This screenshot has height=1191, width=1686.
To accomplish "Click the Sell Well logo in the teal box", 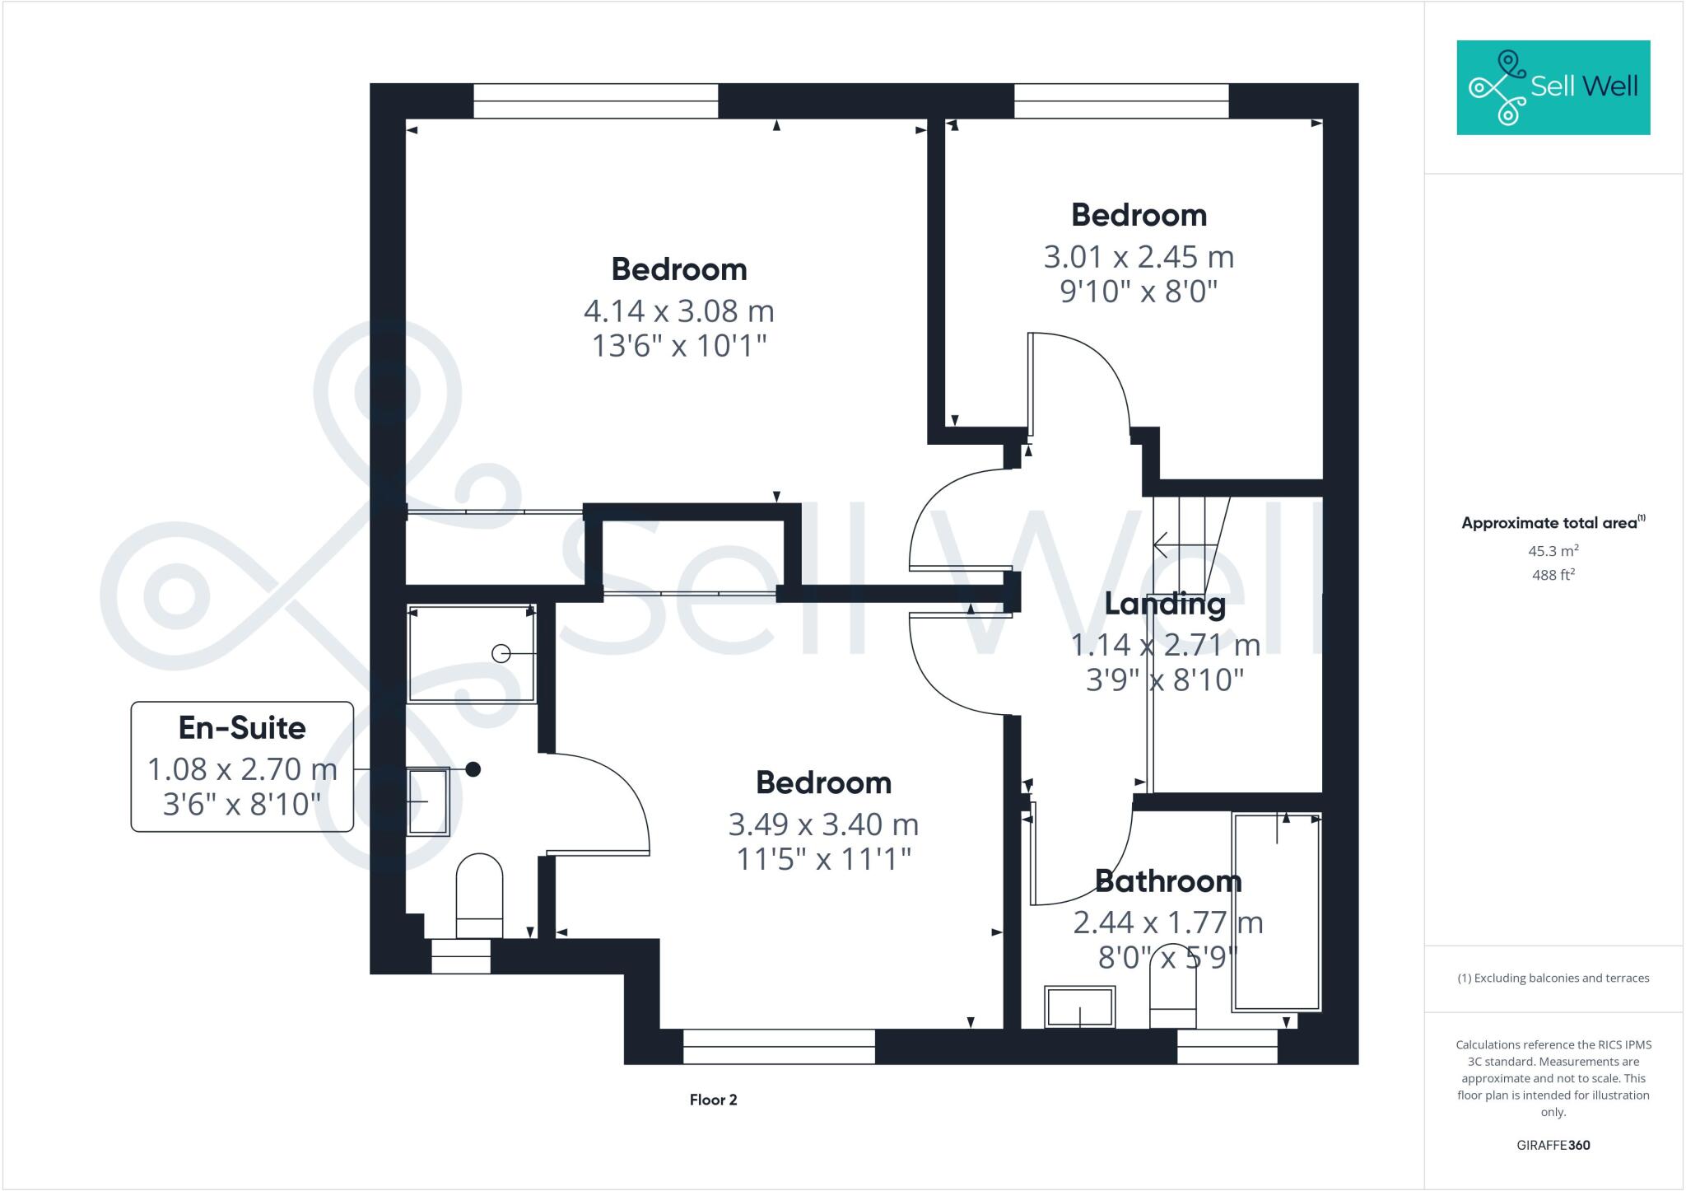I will coord(1553,87).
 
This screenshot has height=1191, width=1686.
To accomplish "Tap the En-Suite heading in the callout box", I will coord(242,728).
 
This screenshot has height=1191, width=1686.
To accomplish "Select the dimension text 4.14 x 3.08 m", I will coord(679,311).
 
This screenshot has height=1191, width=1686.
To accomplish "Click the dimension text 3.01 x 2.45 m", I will coord(1139,257).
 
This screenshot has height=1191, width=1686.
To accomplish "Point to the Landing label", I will coord(1164,605).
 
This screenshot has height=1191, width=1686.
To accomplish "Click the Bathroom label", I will coord(1167,882).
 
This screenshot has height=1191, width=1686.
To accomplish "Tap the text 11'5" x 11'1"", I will coord(823,860).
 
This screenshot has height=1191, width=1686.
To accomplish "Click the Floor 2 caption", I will coord(713,1100).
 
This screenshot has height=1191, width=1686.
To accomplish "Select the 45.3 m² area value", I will coord(1553,551).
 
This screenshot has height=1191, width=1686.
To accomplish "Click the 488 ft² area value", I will coord(1553,575).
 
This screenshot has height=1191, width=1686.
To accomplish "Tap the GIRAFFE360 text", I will coord(1553,1146).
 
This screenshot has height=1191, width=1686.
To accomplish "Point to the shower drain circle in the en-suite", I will coord(500,653).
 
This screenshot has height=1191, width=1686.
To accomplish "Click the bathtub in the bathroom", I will coord(1276,912).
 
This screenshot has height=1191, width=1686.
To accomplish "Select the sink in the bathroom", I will coord(1079,1007).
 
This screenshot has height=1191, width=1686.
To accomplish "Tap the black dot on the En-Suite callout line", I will coord(473,769).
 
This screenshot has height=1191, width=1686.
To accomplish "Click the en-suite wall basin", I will coord(428,801).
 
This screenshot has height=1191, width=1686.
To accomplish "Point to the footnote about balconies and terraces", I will coord(1553,978).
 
